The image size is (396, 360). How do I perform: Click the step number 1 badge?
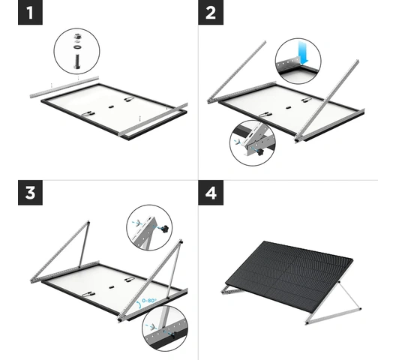(x=30, y=13)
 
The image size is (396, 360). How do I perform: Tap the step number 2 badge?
(x=211, y=13)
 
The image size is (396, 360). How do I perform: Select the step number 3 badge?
(x=30, y=193)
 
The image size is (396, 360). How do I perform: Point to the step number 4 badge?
(x=211, y=193)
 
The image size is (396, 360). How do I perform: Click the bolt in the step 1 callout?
(x=76, y=61)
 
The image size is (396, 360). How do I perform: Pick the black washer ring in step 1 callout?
(x=76, y=47)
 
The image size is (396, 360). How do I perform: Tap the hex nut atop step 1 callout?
(x=77, y=36)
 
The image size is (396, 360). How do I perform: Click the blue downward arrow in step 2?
(x=303, y=52)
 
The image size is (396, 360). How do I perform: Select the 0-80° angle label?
(x=149, y=301)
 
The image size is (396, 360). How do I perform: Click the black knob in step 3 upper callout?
(x=165, y=229)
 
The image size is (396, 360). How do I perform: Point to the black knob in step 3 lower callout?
(x=172, y=336)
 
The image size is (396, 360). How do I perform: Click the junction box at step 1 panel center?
(x=111, y=106)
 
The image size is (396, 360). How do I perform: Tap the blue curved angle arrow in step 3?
(x=139, y=305)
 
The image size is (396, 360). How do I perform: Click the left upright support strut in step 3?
(x=83, y=244)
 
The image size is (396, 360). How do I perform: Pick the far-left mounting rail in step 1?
(x=64, y=87)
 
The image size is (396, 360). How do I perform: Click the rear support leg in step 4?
(x=349, y=295)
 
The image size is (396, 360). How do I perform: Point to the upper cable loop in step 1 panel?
(x=129, y=99)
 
